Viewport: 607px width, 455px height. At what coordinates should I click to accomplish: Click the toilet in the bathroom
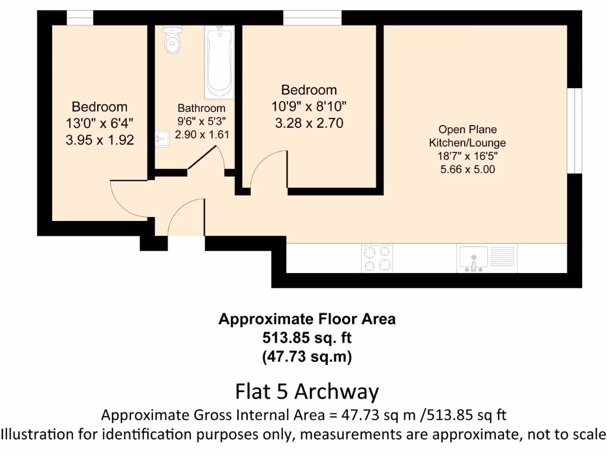(x=172, y=40)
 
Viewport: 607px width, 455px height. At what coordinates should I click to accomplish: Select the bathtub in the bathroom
(x=219, y=62)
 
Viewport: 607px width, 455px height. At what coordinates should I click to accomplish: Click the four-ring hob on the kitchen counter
(x=376, y=258)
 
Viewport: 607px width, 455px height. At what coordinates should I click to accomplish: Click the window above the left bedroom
(x=80, y=19)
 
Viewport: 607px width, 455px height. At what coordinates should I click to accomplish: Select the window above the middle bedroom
(x=312, y=19)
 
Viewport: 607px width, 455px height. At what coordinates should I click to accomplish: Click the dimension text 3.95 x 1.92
(x=100, y=140)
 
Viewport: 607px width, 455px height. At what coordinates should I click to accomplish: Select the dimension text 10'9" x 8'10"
(x=309, y=107)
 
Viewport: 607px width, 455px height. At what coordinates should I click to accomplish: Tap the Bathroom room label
(x=202, y=108)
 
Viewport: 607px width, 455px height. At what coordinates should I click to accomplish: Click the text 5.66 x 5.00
(x=467, y=169)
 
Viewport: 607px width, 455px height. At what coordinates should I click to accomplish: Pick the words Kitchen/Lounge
(x=467, y=143)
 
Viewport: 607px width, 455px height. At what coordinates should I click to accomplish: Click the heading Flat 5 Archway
(x=306, y=392)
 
